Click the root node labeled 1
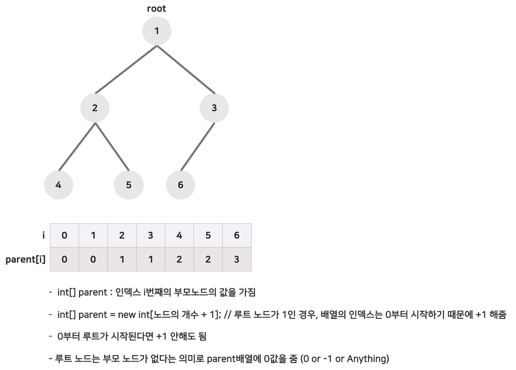click(x=157, y=31)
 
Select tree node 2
click(x=95, y=108)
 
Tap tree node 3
click(x=214, y=108)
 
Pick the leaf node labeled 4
click(x=59, y=185)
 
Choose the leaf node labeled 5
click(x=129, y=185)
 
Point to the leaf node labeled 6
click(x=180, y=185)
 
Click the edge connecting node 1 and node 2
click(x=126, y=69)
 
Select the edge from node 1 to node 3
click(x=185, y=69)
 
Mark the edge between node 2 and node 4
click(x=77, y=147)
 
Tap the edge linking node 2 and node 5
click(x=112, y=147)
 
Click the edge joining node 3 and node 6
click(x=197, y=147)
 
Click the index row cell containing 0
click(x=64, y=235)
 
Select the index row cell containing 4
click(x=179, y=235)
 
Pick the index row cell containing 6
click(x=237, y=235)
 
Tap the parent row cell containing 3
click(x=237, y=260)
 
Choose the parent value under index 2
click(x=122, y=260)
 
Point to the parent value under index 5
click(x=208, y=260)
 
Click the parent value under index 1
click(x=93, y=260)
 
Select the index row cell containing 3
click(x=150, y=235)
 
